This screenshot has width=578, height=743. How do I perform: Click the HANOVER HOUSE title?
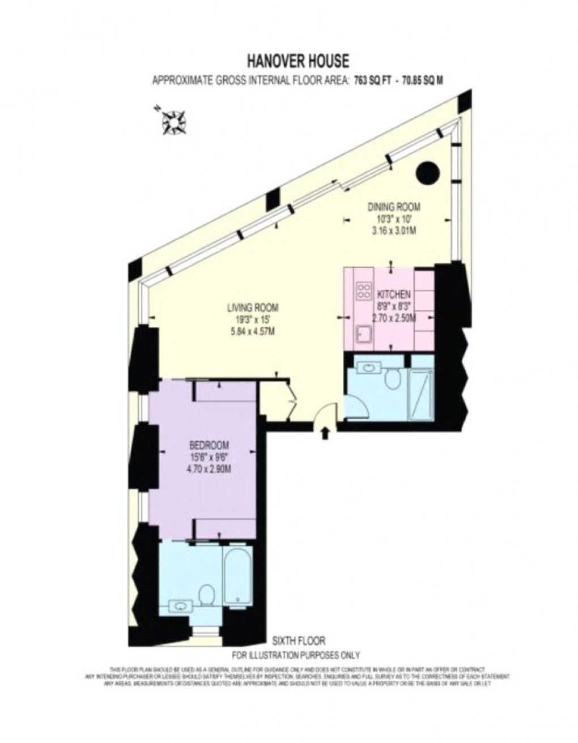pos(297,59)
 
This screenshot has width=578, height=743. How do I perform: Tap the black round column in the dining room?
pos(427,173)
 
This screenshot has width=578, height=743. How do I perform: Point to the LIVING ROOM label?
pos(252,309)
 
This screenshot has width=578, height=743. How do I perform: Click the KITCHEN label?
pos(393,295)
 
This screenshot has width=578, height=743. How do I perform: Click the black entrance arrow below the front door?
pos(325,433)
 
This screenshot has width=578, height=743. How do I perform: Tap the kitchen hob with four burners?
pos(362,292)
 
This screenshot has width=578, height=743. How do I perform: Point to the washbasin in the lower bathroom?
pos(180,605)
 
